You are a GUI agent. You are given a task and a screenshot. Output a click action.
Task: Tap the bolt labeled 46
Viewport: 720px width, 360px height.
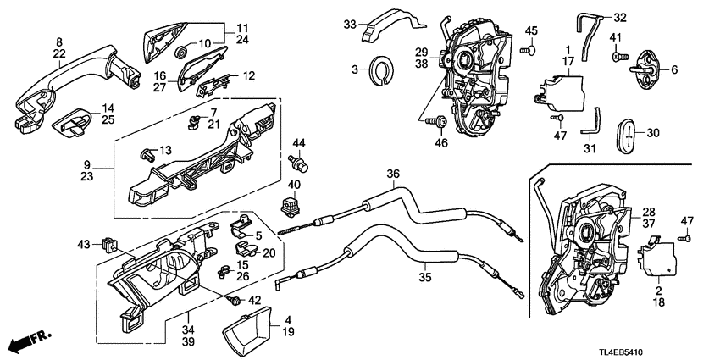pyautogui.click(x=440, y=124)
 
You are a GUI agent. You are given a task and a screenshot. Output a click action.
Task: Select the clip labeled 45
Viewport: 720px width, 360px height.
pyautogui.click(x=529, y=50)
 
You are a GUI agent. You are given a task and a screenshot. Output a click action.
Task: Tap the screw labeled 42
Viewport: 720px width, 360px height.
pyautogui.click(x=233, y=299)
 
